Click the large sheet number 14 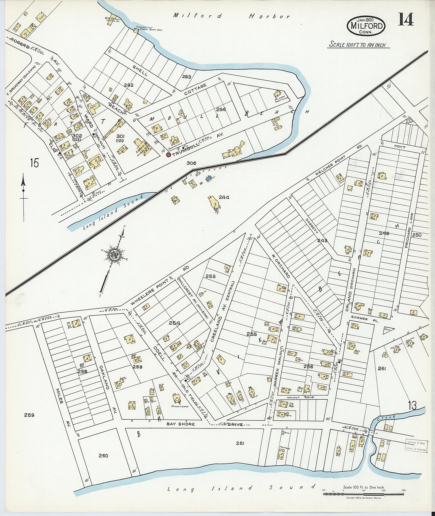point(405,19)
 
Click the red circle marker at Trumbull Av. point(168,155)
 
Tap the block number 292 point(128,85)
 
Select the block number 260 point(103,456)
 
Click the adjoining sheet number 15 point(34,163)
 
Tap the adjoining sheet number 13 point(412,405)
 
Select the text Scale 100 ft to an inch point(358,45)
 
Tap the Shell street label point(140,70)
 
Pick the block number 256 point(308,367)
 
